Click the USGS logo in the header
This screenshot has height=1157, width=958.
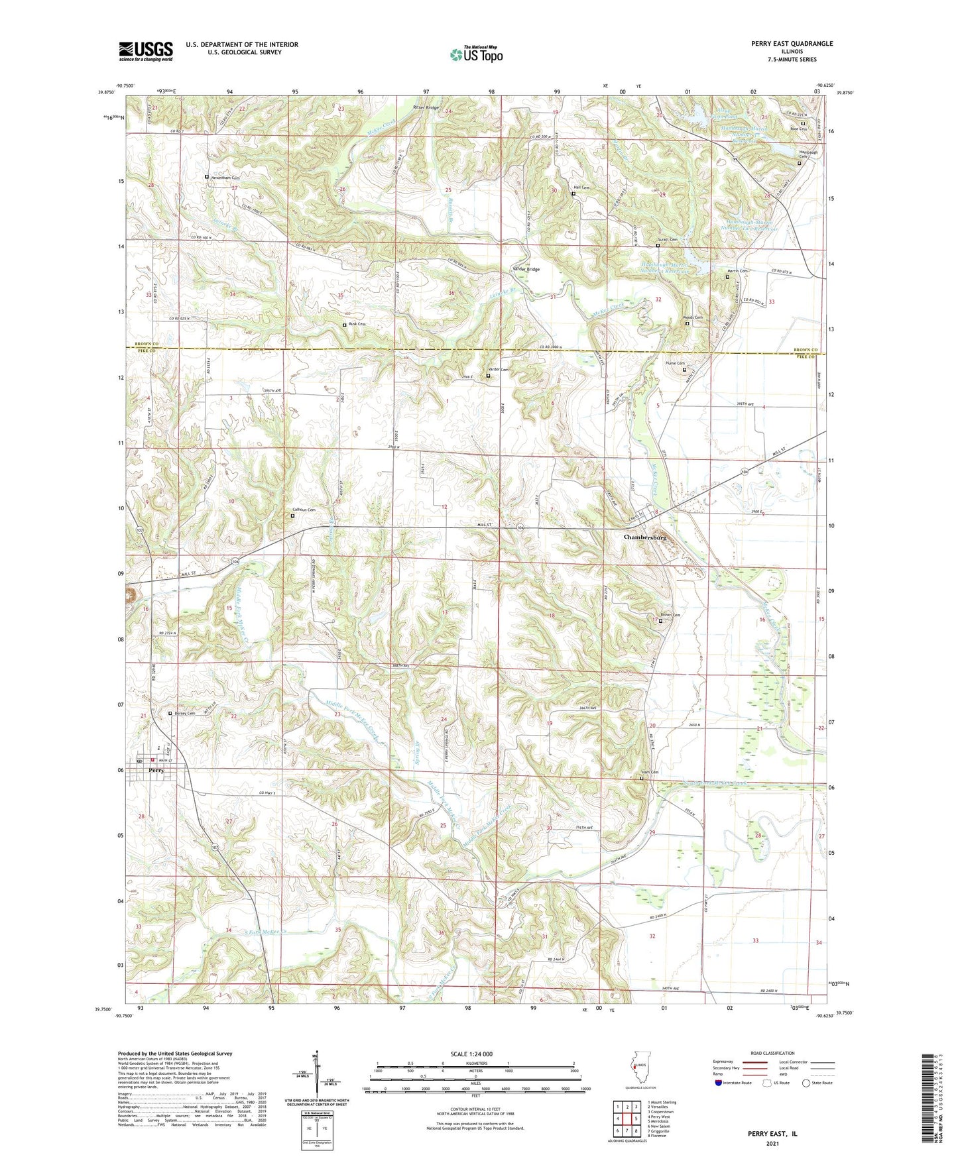point(145,51)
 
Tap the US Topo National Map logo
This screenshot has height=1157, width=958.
point(475,54)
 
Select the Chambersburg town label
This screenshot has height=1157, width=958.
point(645,537)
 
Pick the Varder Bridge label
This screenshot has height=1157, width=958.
point(526,270)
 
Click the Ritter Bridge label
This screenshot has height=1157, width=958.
point(426,107)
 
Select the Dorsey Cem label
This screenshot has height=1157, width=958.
point(184,714)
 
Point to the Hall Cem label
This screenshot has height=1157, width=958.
point(581,188)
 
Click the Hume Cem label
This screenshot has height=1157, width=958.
point(675,363)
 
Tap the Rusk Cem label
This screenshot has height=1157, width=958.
point(357,325)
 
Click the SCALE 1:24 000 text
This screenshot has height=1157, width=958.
point(471,1054)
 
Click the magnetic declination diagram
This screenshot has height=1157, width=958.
point(318,1074)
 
